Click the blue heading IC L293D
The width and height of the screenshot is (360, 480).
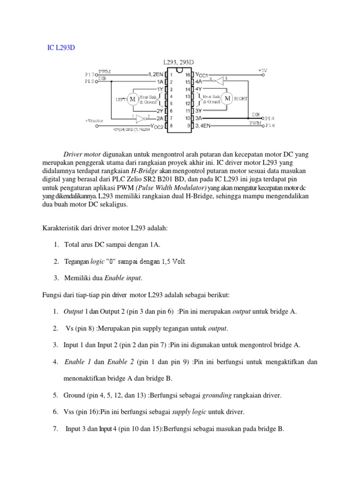click(61, 47)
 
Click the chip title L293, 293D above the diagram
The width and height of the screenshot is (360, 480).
click(180, 62)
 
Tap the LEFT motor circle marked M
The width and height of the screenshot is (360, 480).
click(132, 99)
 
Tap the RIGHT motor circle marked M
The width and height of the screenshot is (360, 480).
click(227, 98)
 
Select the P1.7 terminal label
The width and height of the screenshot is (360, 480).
click(89, 75)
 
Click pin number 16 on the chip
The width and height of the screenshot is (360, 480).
click(187, 75)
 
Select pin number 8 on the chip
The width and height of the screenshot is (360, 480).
click(172, 126)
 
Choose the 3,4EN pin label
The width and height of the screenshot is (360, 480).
click(205, 126)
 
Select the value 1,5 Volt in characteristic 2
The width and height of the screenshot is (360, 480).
click(172, 261)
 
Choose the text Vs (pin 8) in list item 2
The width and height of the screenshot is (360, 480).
click(82, 328)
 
